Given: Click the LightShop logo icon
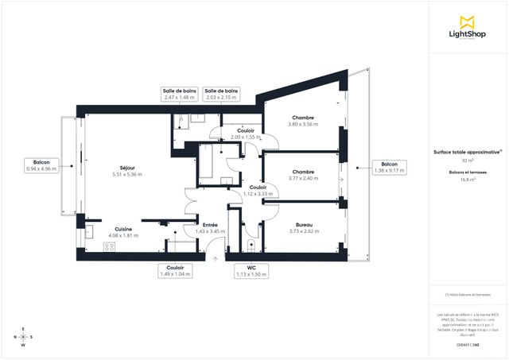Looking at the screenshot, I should [x=467, y=22].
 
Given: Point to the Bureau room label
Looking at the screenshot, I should [x=303, y=228].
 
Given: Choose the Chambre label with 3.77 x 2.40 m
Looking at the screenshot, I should [x=303, y=175].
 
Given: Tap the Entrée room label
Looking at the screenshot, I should [x=211, y=228].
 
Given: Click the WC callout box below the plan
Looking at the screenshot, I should [x=251, y=271].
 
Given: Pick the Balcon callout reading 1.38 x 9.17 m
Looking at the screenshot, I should [x=390, y=167].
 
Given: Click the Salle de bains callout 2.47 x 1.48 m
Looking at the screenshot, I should [x=179, y=95].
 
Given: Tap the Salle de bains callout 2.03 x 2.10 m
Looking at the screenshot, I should [x=222, y=95].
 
